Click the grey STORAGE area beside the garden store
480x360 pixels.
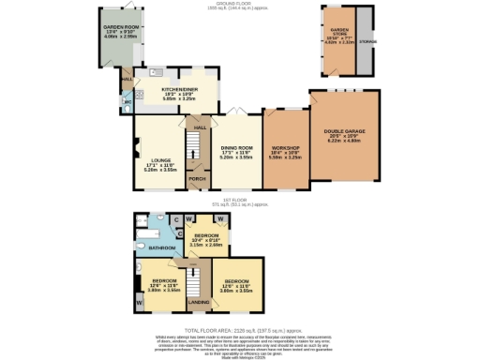366,41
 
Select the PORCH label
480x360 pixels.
197,178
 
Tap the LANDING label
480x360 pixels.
199,302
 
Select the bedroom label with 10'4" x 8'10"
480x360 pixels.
204,235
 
